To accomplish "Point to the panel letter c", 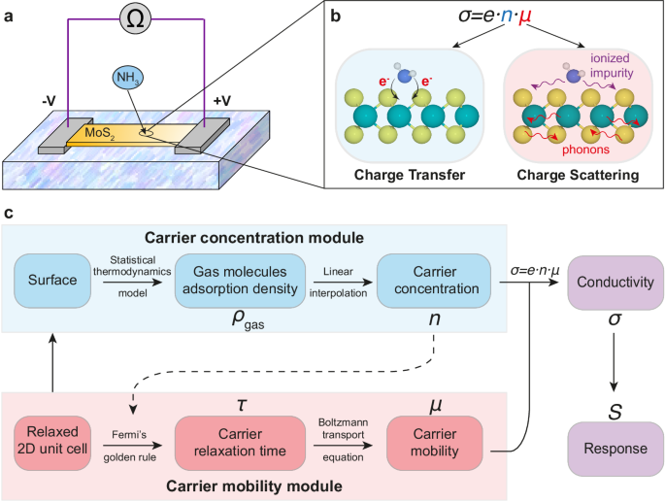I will (x=10, y=213).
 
